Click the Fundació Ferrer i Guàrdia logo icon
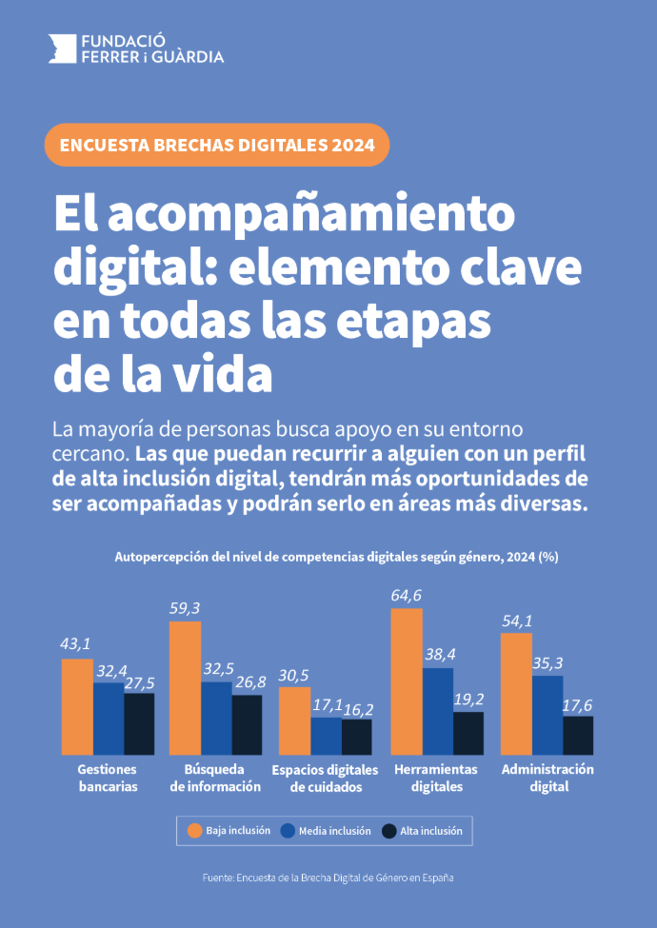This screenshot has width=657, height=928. pos(62,49)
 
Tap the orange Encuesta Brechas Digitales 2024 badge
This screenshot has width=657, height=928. pos(217,146)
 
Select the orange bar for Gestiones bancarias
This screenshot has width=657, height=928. pos(77,705)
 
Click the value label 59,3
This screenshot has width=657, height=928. pos(186,607)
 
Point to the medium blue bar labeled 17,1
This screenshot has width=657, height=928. pos(326,735)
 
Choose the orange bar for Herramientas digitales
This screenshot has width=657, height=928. pos(407,681)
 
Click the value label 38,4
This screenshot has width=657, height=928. pos(438,655)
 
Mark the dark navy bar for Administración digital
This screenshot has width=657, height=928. pos(578,734)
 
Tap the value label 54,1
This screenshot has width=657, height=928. pos(516,621)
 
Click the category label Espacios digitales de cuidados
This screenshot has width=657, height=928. pos(325,778)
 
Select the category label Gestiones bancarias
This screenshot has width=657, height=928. pos(108,778)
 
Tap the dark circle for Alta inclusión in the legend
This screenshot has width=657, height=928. pos(388,831)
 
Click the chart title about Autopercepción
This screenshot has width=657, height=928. pos(336,557)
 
